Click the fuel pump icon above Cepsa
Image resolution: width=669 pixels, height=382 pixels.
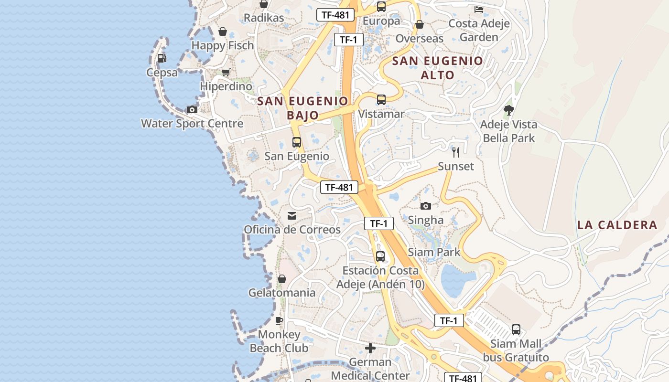162,58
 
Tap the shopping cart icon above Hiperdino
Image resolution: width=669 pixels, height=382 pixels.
226,73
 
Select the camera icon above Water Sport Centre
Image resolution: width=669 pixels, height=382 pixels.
192,109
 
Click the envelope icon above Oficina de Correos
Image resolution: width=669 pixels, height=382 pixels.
291,216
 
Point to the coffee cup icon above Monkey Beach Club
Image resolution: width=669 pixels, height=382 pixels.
279,320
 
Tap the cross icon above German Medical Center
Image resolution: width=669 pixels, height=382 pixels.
370,348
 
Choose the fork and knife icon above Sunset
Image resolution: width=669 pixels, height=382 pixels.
456,152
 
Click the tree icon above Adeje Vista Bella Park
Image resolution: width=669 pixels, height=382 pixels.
508,110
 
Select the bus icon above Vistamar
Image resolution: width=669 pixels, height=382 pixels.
381,100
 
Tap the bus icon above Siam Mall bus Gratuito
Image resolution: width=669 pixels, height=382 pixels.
516,329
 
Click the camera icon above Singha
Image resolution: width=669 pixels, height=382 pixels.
425,206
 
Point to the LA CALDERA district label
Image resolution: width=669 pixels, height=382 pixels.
617,225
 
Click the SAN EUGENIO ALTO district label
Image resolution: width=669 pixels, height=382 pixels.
438,68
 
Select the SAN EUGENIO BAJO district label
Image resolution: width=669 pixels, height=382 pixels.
303,108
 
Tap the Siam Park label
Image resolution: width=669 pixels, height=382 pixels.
434,252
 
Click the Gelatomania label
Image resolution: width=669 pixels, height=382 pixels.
281,293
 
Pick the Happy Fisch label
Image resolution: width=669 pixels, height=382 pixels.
222,45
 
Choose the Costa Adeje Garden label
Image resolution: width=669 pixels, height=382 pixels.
479,30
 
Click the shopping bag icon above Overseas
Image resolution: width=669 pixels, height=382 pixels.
420,24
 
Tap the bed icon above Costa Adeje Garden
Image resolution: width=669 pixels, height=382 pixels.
479,9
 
